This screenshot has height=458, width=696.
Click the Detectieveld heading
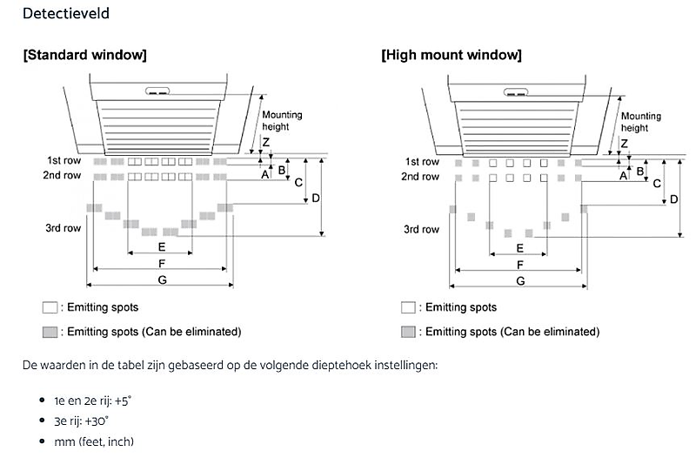[x=66, y=14]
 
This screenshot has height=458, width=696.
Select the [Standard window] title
[x=84, y=55]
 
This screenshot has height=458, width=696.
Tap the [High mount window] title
[x=451, y=55]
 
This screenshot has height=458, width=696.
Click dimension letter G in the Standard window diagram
[x=161, y=279]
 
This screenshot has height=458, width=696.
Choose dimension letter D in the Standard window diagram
[x=316, y=198]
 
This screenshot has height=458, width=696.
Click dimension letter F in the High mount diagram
[x=519, y=264]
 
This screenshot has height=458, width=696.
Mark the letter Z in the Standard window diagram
[x=266, y=141]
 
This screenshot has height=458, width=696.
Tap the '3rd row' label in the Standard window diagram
[x=64, y=228]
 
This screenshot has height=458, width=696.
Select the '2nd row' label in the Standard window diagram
[x=64, y=176]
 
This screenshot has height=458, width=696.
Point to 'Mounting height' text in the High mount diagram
[x=640, y=122]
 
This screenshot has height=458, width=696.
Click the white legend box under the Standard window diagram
[x=50, y=307]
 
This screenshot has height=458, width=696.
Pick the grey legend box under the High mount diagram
[x=408, y=332]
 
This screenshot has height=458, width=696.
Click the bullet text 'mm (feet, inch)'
[x=94, y=441]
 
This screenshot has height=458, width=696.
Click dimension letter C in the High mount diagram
[x=657, y=183]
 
